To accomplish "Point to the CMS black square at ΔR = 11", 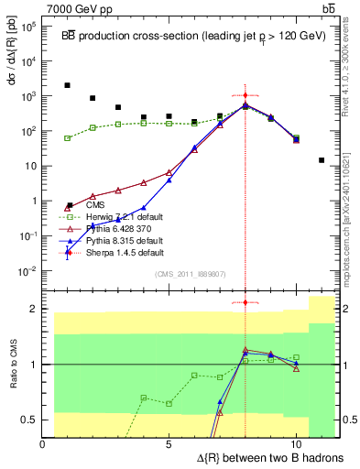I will click(x=322, y=160).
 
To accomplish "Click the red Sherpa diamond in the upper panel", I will click(x=245, y=95).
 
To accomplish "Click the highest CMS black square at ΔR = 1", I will click(x=68, y=85).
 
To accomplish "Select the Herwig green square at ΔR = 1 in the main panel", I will click(x=68, y=138).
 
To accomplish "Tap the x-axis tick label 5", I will click(x=169, y=443).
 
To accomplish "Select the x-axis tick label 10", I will click(x=296, y=443).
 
